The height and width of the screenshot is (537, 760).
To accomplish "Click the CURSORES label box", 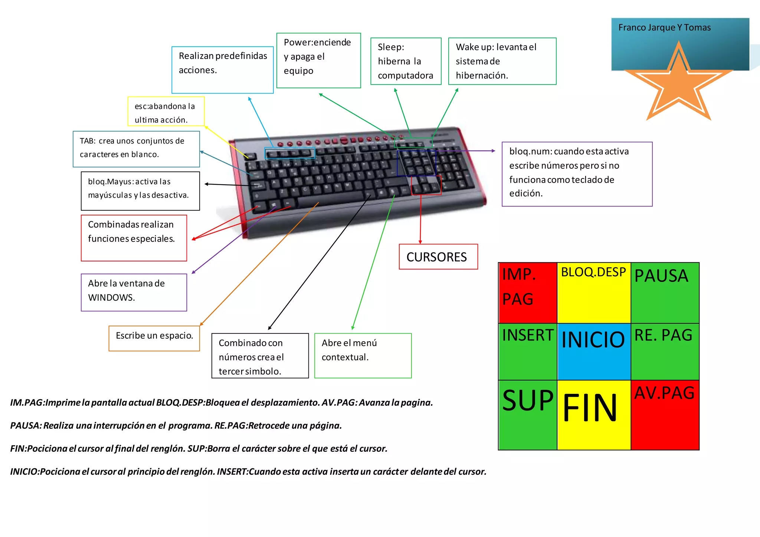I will pyautogui.click(x=438, y=257).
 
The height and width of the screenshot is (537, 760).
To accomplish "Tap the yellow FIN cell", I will pyautogui.click(x=593, y=415).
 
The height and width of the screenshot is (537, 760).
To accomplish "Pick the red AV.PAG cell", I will pyautogui.click(x=665, y=415).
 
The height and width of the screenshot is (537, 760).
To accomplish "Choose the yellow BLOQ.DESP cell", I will pyautogui.click(x=593, y=293).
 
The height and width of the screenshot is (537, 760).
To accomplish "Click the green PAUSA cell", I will pyautogui.click(x=665, y=293).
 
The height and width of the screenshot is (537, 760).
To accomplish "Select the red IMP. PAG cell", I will pyautogui.click(x=527, y=293).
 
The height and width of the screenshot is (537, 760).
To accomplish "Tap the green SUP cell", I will pyautogui.click(x=527, y=415).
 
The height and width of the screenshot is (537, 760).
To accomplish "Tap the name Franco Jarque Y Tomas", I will pyautogui.click(x=664, y=27).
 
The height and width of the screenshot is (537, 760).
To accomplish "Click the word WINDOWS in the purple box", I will pyautogui.click(x=111, y=297).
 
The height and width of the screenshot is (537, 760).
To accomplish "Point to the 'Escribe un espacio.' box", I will pyautogui.click(x=154, y=337).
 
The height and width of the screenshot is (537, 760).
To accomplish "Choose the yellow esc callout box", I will pyautogui.click(x=166, y=112).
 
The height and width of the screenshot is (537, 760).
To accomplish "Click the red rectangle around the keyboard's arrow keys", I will pyautogui.click(x=426, y=185).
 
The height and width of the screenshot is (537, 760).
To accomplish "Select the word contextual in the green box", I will pyautogui.click(x=345, y=357).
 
